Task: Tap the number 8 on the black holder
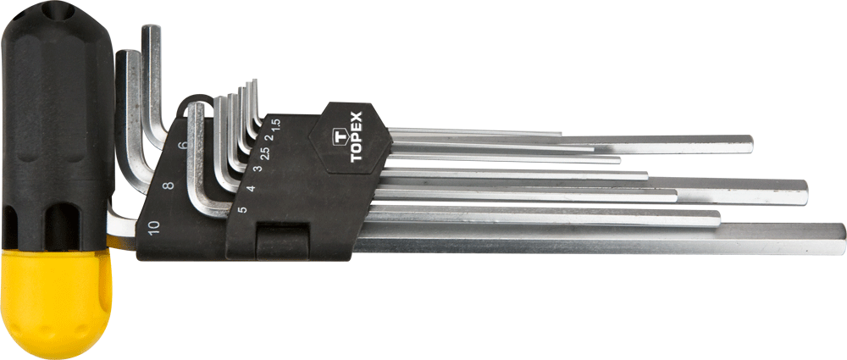(x=169, y=185)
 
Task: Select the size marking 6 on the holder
(x=183, y=145)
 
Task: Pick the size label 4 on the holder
(x=250, y=189)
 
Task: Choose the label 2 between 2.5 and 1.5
(x=270, y=136)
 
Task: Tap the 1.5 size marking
(x=275, y=124)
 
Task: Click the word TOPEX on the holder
(x=357, y=136)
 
